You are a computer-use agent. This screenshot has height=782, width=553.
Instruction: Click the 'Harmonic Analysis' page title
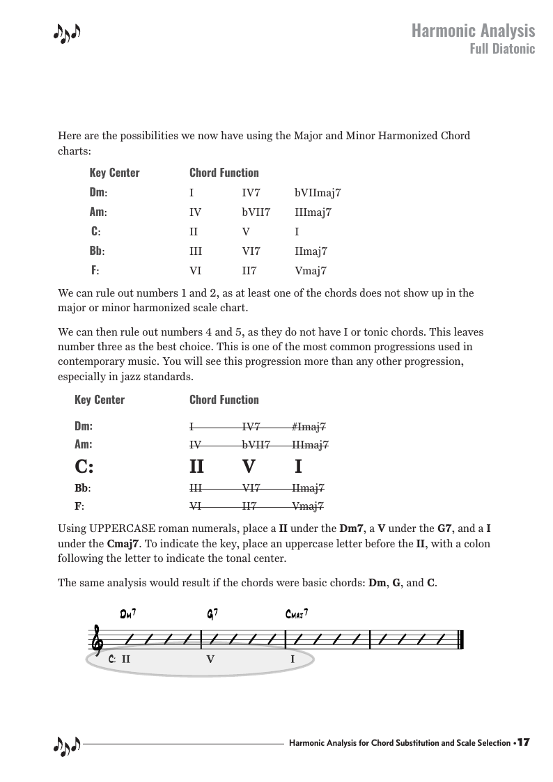click(x=473, y=31)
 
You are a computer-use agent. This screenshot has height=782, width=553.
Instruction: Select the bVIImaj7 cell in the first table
click(x=318, y=193)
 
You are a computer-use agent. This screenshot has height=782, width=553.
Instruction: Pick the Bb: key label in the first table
click(x=97, y=251)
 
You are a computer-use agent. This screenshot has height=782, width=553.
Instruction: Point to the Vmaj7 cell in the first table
click(x=311, y=271)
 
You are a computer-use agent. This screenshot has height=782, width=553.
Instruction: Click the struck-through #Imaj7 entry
click(x=310, y=427)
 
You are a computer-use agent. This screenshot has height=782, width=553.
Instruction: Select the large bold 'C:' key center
click(x=84, y=466)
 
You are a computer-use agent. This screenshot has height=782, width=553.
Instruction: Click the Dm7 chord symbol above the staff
click(x=127, y=613)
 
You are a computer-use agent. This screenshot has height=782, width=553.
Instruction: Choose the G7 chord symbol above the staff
click(x=212, y=613)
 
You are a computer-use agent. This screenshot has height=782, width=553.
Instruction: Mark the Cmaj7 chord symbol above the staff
click(x=297, y=613)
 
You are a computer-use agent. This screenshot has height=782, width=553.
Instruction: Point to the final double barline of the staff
click(x=460, y=639)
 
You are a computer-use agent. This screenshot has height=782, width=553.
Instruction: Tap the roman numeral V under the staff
click(x=210, y=658)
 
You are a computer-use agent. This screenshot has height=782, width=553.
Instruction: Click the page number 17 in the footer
click(x=524, y=743)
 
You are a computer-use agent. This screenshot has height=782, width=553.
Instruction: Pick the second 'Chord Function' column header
click(x=224, y=400)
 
